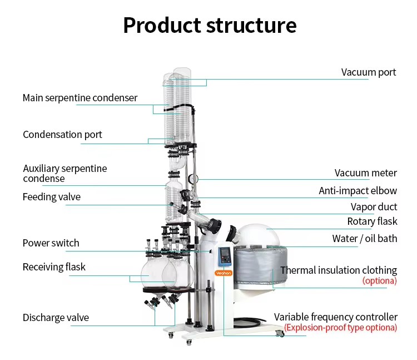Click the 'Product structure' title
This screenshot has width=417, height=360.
tap(210, 26)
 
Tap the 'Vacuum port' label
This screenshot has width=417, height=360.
tap(369, 72)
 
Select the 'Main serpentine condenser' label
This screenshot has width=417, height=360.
tap(80, 98)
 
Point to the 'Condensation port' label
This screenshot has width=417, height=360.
tap(62, 135)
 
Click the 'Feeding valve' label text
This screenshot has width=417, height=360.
tap(52, 197)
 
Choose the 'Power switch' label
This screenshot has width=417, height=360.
tap(51, 243)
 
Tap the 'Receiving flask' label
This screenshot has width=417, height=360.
tap(54, 267)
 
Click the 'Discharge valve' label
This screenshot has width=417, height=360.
tap(56, 317)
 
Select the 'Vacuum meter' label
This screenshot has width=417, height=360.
tap(366, 173)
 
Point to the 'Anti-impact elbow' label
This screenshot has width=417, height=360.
tap(358, 191)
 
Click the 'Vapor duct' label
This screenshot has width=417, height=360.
tap(374, 207)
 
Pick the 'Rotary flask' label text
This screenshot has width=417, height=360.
tap(372, 221)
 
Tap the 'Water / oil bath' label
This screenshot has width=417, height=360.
tap(365, 239)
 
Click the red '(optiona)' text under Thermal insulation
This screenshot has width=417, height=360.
tap(380, 280)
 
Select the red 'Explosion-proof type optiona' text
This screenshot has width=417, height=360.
tap(341, 328)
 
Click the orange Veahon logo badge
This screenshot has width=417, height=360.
tap(224, 273)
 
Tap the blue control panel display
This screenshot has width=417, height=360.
tap(225, 257)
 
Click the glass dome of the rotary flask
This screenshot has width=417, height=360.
tap(257, 235)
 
